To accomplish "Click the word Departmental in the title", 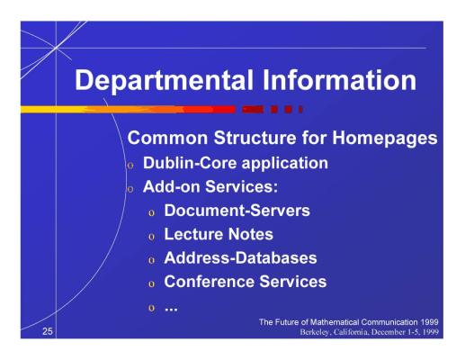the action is coord(164,81).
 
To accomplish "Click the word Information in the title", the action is coord(339,80).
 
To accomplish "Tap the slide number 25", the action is coord(48,331).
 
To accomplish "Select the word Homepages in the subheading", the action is coord(385,139).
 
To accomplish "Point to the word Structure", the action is coord(255,138).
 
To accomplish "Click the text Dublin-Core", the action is coord(190,163).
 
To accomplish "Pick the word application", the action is coord(285,164).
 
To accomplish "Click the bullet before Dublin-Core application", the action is coord(130,166).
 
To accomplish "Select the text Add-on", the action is coord(171,186).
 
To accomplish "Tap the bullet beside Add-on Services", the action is coord(130,189).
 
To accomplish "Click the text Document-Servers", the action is coord(237,211).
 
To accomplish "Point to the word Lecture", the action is coord(192,234).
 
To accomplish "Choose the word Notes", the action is coord(251,234).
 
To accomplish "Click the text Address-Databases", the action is coord(240,258).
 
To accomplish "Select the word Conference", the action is coord(209,282).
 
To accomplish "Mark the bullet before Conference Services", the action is coord(151,284).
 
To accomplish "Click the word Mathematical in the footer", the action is coord(335,322).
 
